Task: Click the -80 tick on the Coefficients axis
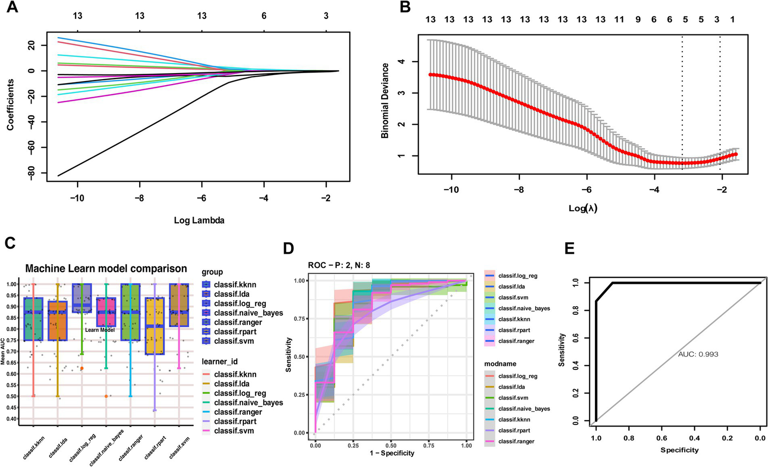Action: tap(34, 173)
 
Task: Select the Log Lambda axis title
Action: tap(199, 220)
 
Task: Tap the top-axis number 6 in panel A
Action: tap(264, 16)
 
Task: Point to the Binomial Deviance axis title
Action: tap(385, 101)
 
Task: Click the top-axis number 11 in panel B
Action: tap(619, 20)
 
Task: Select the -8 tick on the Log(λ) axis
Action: tap(519, 190)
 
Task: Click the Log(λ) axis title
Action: tap(583, 208)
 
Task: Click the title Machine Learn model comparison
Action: tap(106, 269)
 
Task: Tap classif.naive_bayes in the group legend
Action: tap(248, 313)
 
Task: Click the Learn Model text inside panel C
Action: tap(100, 330)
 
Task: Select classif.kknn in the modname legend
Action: tap(514, 419)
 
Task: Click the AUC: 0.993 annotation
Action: tap(698, 354)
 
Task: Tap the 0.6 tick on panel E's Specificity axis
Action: tap(661, 438)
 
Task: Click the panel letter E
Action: tap(569, 249)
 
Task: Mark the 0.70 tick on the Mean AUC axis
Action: tap(11, 351)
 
